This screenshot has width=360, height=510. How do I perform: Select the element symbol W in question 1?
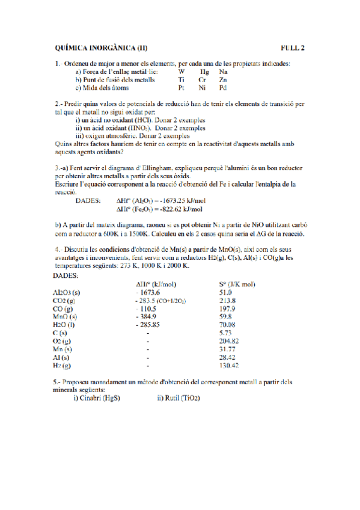tap(182, 71)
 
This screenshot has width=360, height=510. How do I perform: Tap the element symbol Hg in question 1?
tap(204, 71)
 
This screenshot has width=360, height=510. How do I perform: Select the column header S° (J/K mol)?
tap(237, 284)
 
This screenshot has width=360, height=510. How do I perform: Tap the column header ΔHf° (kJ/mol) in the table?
tap(156, 284)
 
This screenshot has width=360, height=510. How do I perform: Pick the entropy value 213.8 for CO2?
tap(228, 300)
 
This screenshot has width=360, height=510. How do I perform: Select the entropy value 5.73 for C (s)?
tap(226, 332)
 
